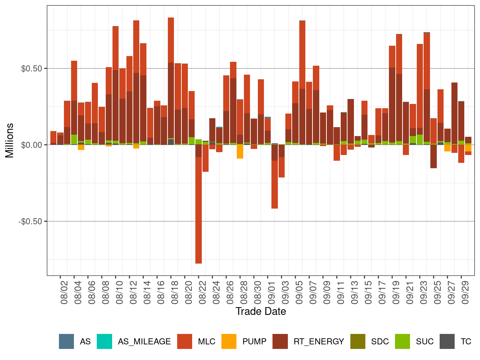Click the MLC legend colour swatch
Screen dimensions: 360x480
tap(185, 341)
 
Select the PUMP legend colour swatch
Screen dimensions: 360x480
tap(229, 341)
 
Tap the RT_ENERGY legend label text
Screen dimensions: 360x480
tap(319, 342)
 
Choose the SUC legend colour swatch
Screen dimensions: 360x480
tap(402, 341)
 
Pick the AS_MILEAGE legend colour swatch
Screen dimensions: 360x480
tap(104, 341)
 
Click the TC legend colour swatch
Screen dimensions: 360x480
tap(447, 341)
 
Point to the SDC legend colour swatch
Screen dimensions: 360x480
tap(358, 341)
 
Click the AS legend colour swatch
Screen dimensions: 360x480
tap(66, 341)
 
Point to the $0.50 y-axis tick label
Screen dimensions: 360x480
tap(31, 69)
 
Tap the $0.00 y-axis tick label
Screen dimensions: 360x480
tap(31, 145)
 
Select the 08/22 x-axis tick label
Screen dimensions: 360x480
tap(202, 292)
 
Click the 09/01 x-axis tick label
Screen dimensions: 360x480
tap(272, 292)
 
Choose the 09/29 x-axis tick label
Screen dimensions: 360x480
tap(465, 292)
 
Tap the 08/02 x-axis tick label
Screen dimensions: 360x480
tap(64, 292)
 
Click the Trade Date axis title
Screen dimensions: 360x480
tap(261, 311)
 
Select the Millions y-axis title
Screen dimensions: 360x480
tap(9, 140)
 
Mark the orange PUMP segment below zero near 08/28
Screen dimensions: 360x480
tap(240, 151)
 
